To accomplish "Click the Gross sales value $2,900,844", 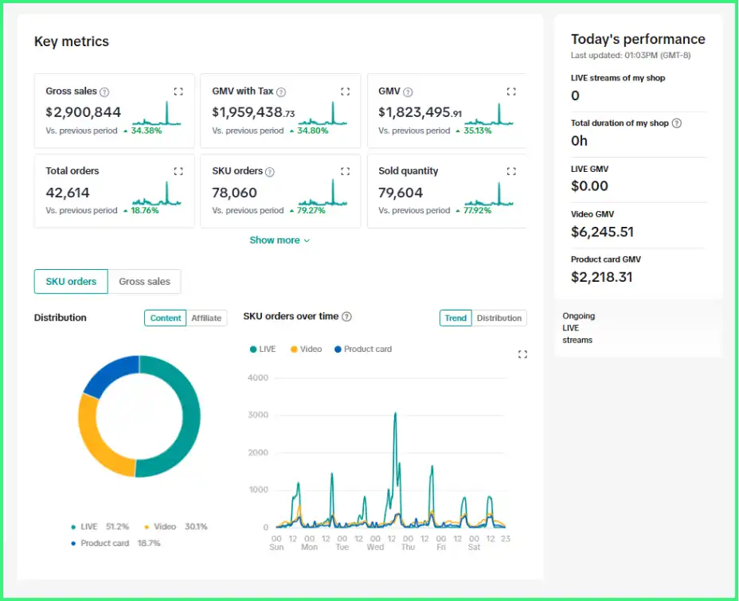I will click(x=83, y=112).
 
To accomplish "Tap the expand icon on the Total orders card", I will click(x=178, y=171).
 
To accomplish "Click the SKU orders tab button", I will click(x=71, y=282).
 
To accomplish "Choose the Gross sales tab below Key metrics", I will click(x=144, y=282).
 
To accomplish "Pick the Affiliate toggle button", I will click(x=206, y=318).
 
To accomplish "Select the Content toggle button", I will click(x=166, y=318).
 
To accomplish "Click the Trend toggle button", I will click(x=456, y=318).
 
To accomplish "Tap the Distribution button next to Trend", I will click(x=499, y=318).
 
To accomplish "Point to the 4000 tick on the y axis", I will click(x=258, y=377).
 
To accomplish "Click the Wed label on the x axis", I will click(x=375, y=548).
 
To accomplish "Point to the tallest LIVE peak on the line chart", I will click(x=395, y=414).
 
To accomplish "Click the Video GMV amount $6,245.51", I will click(x=602, y=232).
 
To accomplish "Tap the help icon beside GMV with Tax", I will click(x=281, y=92).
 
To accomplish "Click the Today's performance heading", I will click(x=638, y=39).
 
